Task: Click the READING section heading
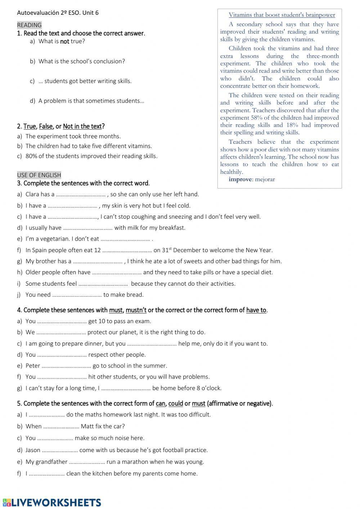[29, 25]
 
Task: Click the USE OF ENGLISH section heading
[39, 175]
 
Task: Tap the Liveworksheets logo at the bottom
[52, 503]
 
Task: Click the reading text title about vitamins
[282, 15]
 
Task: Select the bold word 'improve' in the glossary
[240, 179]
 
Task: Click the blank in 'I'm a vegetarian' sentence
[125, 239]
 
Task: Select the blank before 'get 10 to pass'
[62, 322]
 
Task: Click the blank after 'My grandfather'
[87, 462]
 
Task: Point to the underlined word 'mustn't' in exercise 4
[136, 310]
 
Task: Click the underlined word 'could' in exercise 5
[176, 403]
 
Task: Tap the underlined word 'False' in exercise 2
[46, 126]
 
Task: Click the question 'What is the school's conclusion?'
[82, 61]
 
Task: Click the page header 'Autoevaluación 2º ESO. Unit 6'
[58, 13]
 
